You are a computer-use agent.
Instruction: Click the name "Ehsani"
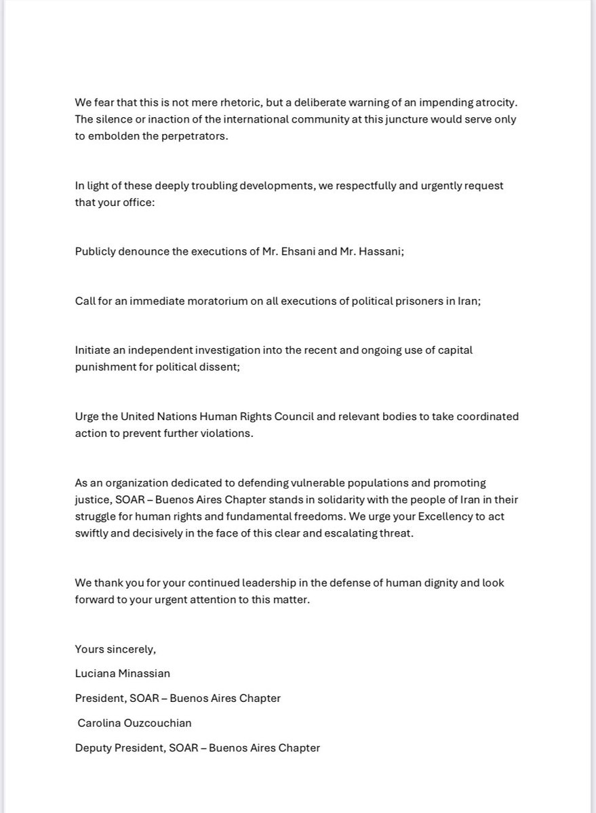[x=283, y=251]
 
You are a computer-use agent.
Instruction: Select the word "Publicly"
[x=96, y=251]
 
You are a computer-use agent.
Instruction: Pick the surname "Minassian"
[x=149, y=673]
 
